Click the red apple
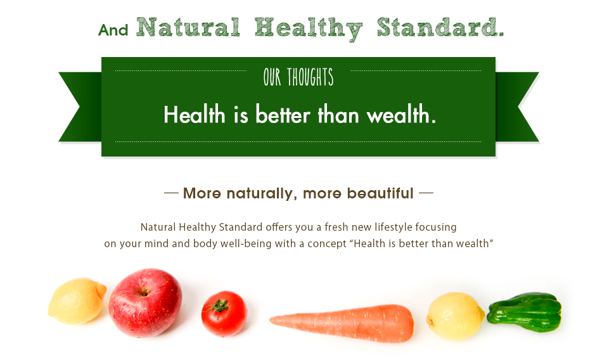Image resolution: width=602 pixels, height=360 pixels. click(145, 303)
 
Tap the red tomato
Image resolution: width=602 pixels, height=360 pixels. click(224, 314)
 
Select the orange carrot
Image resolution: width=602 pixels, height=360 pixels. click(342, 323)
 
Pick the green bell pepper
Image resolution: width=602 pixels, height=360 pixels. click(525, 312)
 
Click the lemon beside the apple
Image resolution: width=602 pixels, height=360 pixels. click(77, 301)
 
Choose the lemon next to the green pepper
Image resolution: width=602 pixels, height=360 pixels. click(456, 316)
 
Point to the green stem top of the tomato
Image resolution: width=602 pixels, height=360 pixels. click(218, 306)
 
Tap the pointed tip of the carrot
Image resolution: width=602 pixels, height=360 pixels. click(270, 319)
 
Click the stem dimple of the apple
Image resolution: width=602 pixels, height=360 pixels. click(144, 292)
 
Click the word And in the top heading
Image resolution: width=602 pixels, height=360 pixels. click(113, 30)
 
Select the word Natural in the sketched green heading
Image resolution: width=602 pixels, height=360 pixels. click(188, 27)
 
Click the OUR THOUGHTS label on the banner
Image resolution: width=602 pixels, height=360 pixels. click(298, 77)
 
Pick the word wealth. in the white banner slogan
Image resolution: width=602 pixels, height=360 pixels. click(401, 114)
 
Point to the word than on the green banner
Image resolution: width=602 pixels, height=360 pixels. click(338, 114)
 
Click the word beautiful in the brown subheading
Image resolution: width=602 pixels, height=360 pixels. click(380, 193)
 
